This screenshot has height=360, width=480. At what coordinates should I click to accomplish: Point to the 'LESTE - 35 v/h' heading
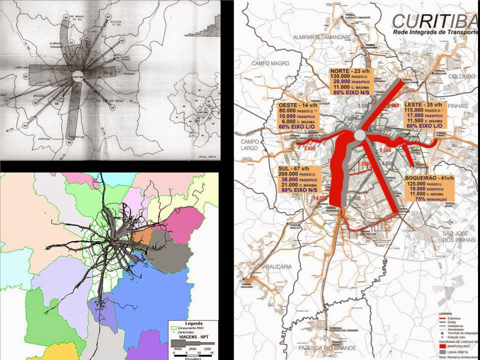pyautogui.click(x=422, y=105)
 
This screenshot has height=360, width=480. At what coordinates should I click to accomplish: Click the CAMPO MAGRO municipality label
pyautogui.click(x=270, y=63)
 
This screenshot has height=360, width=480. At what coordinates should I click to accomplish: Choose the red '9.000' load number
pyautogui.click(x=385, y=150)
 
